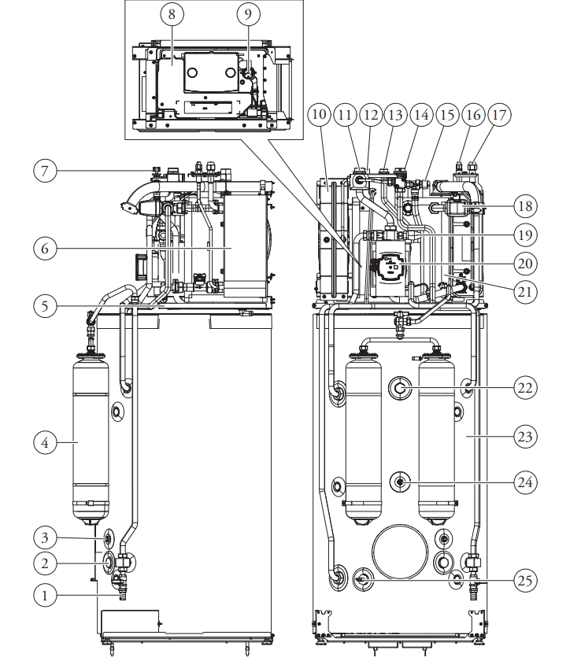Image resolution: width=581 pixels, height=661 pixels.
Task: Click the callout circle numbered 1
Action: [x=46, y=596]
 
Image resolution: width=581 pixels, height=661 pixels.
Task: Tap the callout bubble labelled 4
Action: [x=46, y=443]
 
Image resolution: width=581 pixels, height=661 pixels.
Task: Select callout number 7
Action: [x=46, y=170]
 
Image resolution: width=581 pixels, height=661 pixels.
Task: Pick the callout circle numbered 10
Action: [x=319, y=114]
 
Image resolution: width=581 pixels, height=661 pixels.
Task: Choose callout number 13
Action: [x=394, y=114]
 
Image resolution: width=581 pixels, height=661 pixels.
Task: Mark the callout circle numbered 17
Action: [x=498, y=114]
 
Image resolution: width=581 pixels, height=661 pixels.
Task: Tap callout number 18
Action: [x=524, y=207]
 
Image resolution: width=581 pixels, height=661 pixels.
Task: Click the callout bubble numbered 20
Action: [x=524, y=263]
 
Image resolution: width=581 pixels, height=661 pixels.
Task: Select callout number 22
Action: [x=524, y=387]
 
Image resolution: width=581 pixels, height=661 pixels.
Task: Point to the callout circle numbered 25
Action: [x=524, y=581]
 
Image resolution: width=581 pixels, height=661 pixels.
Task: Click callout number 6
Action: [x=46, y=247]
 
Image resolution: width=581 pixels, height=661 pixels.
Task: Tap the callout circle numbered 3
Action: [x=46, y=538]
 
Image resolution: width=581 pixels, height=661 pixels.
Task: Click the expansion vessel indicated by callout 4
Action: [x=91, y=441]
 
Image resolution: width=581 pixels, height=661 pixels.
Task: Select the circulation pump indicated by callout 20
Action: [x=387, y=268]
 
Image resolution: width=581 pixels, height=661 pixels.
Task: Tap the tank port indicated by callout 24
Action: [x=401, y=481]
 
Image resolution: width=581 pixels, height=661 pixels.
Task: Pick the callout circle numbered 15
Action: [x=446, y=114]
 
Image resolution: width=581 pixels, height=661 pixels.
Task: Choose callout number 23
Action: [x=524, y=436]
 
